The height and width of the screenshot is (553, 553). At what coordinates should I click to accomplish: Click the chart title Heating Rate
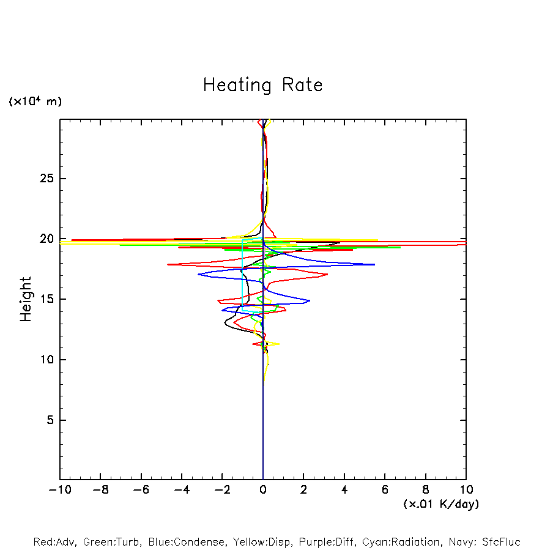(262, 85)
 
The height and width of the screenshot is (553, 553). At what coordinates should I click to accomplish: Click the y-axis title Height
(26, 299)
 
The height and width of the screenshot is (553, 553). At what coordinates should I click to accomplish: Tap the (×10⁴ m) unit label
(35, 102)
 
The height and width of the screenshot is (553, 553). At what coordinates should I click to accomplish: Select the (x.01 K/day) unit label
(441, 504)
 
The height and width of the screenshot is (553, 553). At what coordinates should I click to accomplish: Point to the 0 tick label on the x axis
(263, 490)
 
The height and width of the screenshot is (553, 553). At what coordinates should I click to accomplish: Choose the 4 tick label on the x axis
(344, 490)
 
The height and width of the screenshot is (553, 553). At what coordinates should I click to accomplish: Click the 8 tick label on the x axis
(426, 490)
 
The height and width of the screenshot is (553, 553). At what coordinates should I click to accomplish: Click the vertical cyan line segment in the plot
(243, 275)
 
